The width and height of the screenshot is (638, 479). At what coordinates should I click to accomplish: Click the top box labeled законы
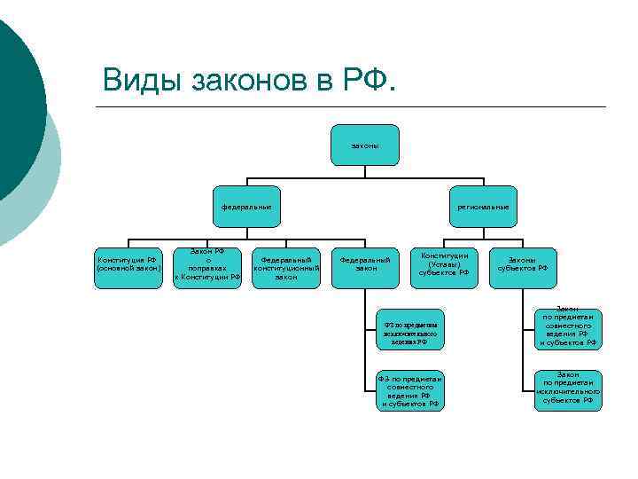[x=365, y=145]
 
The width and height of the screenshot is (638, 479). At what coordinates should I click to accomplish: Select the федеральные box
[x=246, y=208]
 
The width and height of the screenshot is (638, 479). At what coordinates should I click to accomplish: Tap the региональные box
[x=483, y=208]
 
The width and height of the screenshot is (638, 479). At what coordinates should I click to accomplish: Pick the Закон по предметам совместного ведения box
[x=567, y=329]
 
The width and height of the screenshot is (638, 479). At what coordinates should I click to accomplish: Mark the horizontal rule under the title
[x=354, y=107]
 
